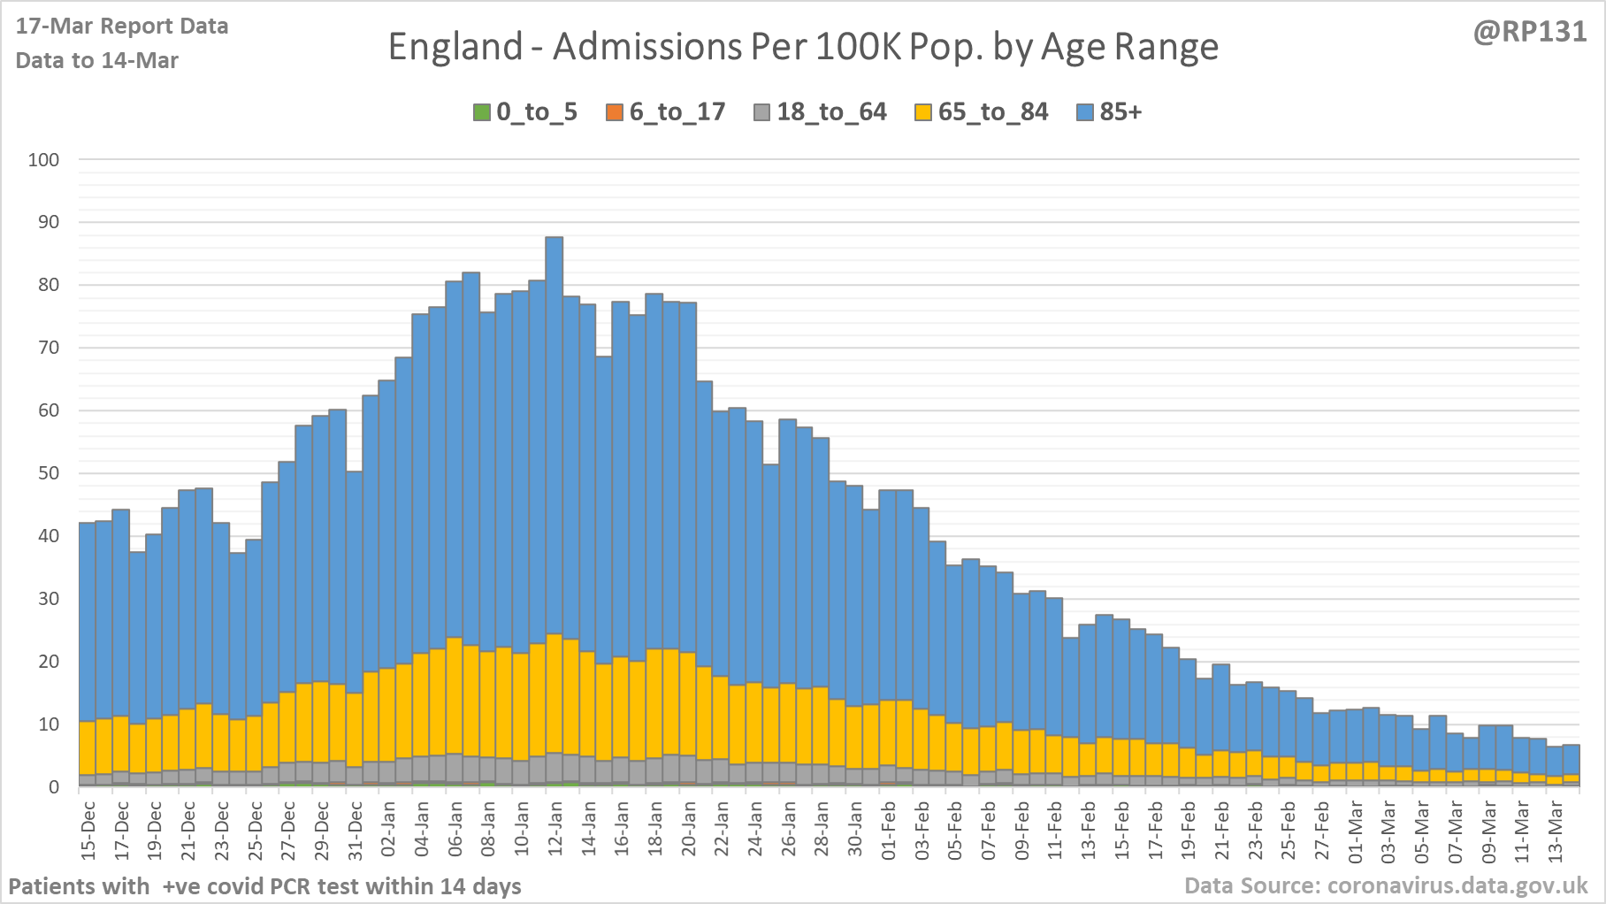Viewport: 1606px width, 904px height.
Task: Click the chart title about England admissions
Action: (x=803, y=47)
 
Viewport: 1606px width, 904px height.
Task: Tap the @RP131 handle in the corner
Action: (x=1529, y=32)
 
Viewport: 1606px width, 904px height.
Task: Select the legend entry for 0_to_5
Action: (x=526, y=112)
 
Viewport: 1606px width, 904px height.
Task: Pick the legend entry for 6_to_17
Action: (x=666, y=112)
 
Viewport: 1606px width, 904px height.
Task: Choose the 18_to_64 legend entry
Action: (x=821, y=112)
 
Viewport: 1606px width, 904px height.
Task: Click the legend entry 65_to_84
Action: (x=982, y=112)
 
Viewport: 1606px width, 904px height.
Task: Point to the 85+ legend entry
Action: (x=1110, y=112)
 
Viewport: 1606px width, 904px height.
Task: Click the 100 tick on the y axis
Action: (x=43, y=160)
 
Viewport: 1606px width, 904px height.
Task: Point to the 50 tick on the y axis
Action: (x=49, y=473)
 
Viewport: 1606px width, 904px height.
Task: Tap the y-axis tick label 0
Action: (x=55, y=787)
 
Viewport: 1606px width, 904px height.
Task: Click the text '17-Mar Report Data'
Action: (x=122, y=27)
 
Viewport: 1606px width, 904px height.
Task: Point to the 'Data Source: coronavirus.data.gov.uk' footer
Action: (x=1386, y=885)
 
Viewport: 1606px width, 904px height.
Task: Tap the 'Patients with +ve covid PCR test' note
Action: (x=264, y=886)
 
